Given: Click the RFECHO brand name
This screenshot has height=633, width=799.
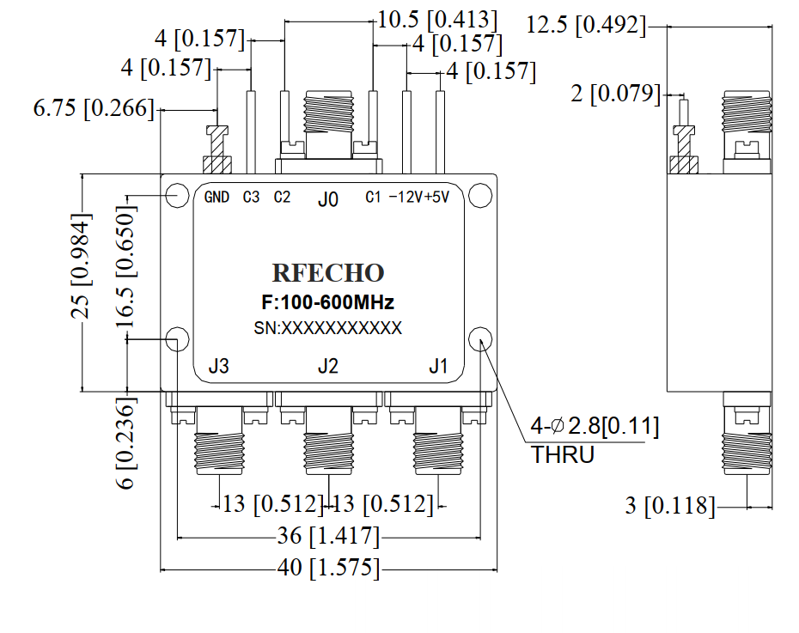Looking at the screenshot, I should (x=328, y=273).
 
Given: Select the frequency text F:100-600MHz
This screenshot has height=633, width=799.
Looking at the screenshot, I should (x=327, y=303).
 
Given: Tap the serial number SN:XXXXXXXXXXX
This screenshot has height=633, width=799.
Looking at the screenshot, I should (x=327, y=328).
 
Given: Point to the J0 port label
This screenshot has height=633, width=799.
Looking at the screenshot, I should (x=327, y=199).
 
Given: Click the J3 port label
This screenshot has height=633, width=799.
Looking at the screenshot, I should (x=218, y=367).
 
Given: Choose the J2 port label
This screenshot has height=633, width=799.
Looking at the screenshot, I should (x=327, y=367).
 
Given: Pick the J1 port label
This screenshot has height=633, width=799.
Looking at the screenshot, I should (x=438, y=367).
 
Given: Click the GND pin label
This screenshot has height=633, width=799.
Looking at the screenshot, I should (x=217, y=198).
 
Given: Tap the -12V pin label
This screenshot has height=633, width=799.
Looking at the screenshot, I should (x=405, y=198).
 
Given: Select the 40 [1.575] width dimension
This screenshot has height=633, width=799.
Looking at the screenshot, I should (x=328, y=569).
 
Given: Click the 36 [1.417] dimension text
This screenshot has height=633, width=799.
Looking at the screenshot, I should (x=328, y=537).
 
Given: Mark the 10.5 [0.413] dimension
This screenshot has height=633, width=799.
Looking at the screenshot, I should (x=436, y=19).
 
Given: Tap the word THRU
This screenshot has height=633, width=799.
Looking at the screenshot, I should (x=563, y=455).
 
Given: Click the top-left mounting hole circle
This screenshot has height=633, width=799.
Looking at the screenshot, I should (x=178, y=196).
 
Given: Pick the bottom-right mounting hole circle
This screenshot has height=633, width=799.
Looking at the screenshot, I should (x=479, y=338).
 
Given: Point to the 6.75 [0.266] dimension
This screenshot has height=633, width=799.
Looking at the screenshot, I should (x=94, y=109).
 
